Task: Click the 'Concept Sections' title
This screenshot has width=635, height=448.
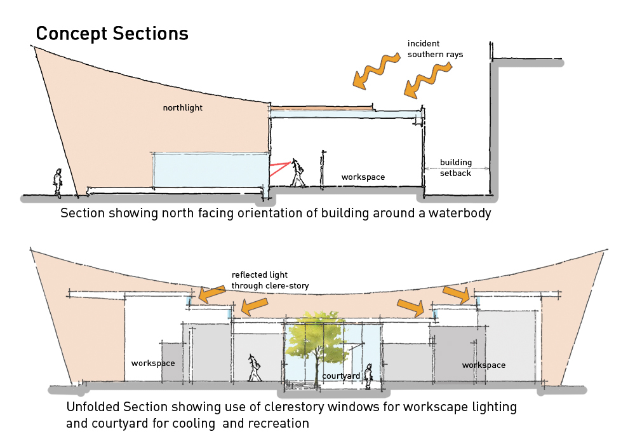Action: [x=112, y=33]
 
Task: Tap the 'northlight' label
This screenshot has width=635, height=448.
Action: [x=183, y=108]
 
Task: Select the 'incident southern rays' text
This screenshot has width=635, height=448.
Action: [x=435, y=49]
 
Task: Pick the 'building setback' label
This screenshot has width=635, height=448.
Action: [x=455, y=167]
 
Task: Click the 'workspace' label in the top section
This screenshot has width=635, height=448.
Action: [x=363, y=177]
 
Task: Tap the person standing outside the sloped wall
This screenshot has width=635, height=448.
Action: [x=58, y=183]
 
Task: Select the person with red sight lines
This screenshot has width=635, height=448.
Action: [x=298, y=173]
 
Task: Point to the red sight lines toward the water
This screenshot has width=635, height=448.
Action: [x=279, y=168]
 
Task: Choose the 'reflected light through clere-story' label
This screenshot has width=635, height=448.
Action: [x=270, y=280]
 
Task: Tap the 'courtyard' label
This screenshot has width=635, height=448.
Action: [x=341, y=376]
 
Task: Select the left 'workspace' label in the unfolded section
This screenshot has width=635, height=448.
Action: [x=153, y=363]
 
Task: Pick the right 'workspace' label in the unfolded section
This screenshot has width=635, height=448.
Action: [x=484, y=365]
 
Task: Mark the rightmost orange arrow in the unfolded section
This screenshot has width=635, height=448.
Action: [x=457, y=293]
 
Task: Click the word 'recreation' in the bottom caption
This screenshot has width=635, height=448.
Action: [x=279, y=423]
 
